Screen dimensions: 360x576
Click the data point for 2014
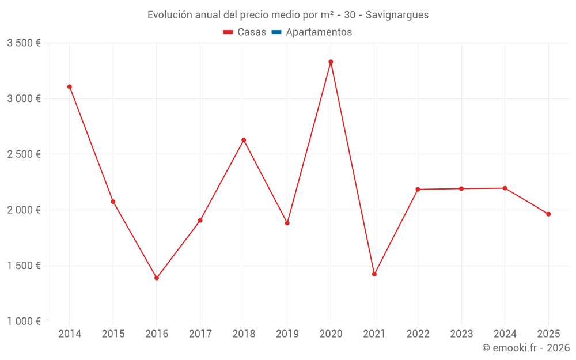point(70,87)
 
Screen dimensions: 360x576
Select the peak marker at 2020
point(331,62)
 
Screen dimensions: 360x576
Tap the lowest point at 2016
point(157,278)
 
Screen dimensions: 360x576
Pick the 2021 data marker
point(374,274)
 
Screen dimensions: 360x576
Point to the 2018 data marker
point(244,140)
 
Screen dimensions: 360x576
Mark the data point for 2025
point(548,214)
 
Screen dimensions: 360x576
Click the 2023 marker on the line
point(461,188)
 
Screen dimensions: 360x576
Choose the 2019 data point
point(287,223)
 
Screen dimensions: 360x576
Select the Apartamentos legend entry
point(319,32)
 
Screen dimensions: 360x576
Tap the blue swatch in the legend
point(276,32)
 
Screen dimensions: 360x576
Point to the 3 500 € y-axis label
point(24,43)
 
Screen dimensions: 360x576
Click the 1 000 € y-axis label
point(24,321)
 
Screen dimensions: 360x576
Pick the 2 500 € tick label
point(24,154)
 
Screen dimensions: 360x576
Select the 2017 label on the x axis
point(200,334)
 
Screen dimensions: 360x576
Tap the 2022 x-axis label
point(418,334)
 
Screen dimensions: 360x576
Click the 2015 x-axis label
point(113,334)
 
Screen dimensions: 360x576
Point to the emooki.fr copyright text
point(525,348)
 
